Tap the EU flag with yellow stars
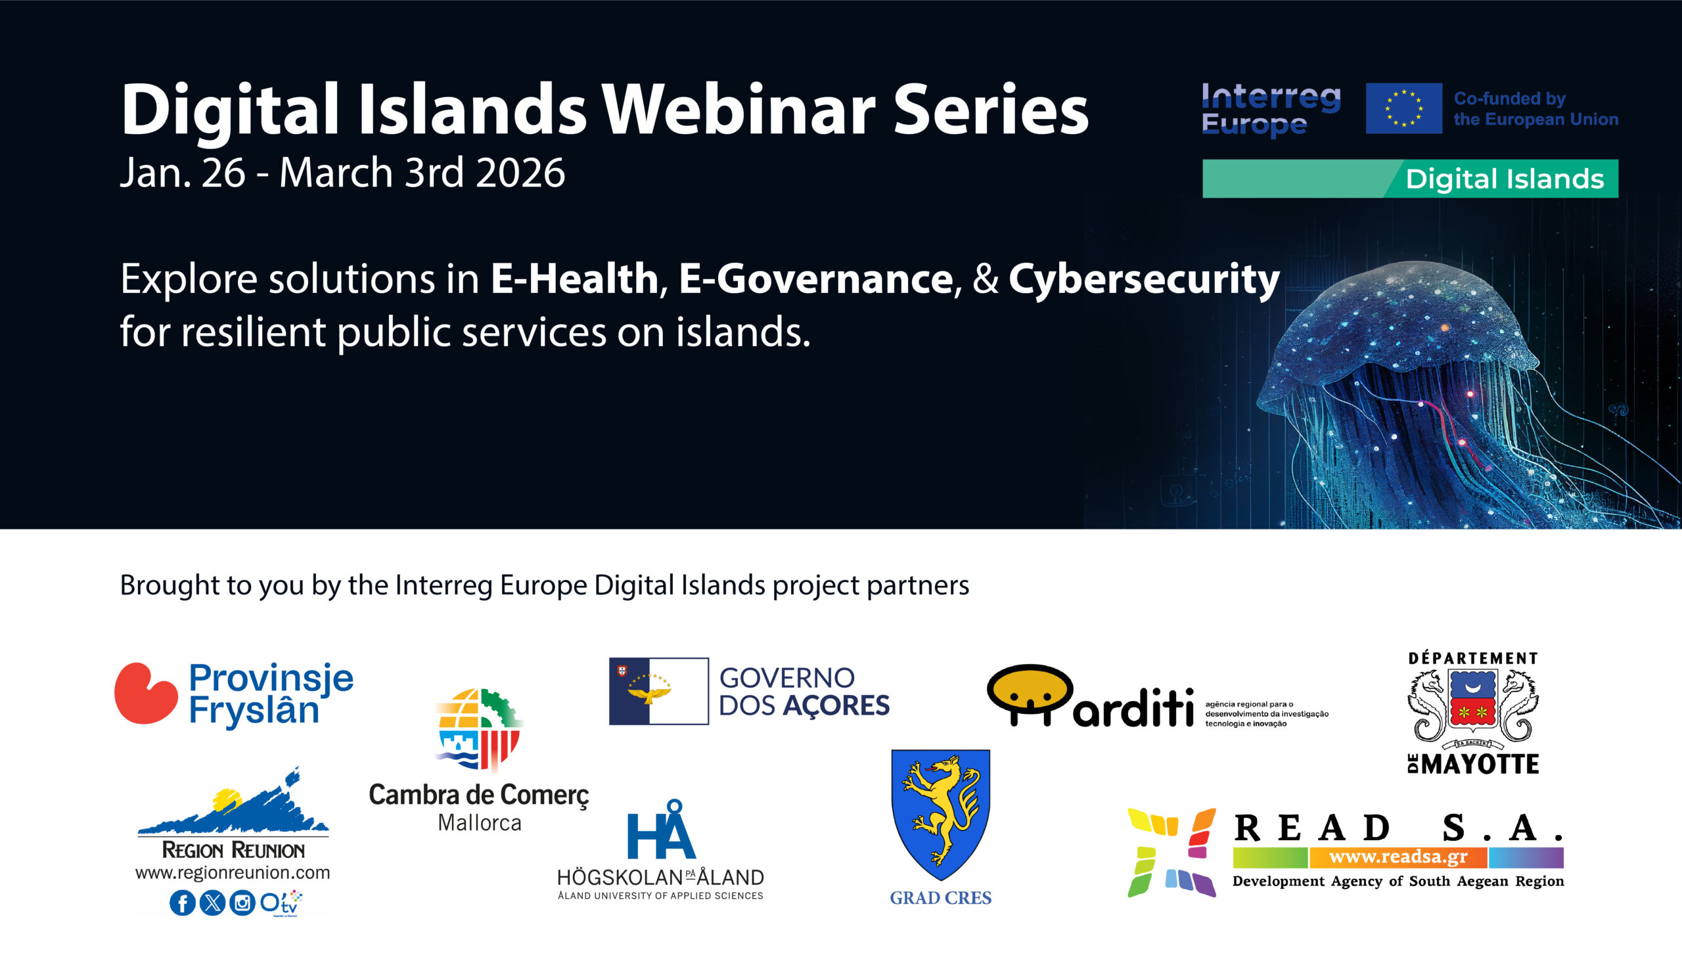point(1404,108)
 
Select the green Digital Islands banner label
point(1410,179)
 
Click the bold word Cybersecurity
point(1144,280)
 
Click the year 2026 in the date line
point(520,173)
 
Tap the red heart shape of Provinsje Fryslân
point(147,693)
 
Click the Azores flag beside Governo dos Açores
point(659,691)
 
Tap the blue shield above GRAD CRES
point(940,814)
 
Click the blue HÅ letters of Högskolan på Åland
point(662,829)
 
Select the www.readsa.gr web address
point(1398,857)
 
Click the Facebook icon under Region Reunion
point(183,903)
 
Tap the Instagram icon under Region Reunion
point(242,903)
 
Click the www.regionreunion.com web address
point(233,873)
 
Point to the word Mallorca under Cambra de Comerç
point(480,822)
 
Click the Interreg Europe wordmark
point(1271,109)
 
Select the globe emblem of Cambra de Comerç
point(479,728)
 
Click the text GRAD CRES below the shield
point(941,898)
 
